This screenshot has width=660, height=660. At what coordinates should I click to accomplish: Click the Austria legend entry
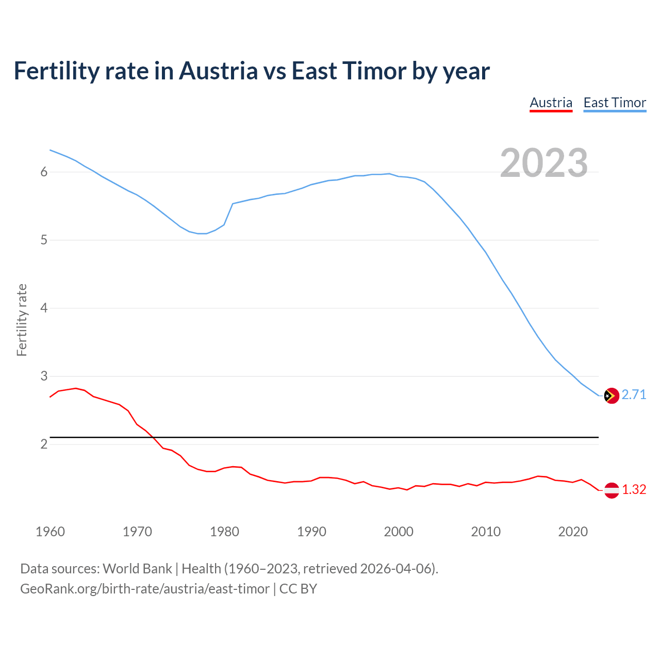pyautogui.click(x=551, y=103)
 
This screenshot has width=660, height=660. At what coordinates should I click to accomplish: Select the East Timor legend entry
pyautogui.click(x=615, y=103)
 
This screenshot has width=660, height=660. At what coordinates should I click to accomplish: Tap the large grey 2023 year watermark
pyautogui.click(x=543, y=163)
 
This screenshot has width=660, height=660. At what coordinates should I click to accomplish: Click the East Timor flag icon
pyautogui.click(x=611, y=395)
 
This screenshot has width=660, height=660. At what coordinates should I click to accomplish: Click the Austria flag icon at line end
pyautogui.click(x=611, y=490)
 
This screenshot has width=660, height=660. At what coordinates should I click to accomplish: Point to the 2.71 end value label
pyautogui.click(x=634, y=394)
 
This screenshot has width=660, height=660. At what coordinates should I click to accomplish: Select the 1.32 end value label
pyautogui.click(x=634, y=489)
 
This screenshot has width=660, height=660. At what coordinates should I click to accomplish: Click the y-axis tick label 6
pyautogui.click(x=44, y=172)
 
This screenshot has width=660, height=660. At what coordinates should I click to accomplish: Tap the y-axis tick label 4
pyautogui.click(x=44, y=308)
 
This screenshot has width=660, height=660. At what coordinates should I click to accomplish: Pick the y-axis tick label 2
pyautogui.click(x=44, y=444)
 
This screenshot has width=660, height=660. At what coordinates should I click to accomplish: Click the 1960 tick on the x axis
pyautogui.click(x=50, y=532)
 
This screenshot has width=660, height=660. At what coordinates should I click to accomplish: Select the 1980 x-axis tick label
pyautogui.click(x=224, y=532)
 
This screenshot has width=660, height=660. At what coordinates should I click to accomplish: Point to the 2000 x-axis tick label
pyautogui.click(x=399, y=532)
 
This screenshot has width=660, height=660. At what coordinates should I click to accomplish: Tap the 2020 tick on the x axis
pyautogui.click(x=573, y=532)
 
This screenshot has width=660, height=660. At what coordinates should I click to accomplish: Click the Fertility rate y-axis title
pyautogui.click(x=22, y=320)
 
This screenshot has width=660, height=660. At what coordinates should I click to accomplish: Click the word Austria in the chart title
pyautogui.click(x=218, y=71)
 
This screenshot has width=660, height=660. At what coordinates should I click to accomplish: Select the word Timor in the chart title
pyautogui.click(x=373, y=71)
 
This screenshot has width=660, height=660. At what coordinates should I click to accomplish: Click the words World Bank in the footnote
pyautogui.click(x=137, y=569)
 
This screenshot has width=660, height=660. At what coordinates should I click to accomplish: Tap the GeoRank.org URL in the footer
pyautogui.click(x=144, y=589)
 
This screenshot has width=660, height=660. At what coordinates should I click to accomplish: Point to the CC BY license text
pyautogui.click(x=298, y=589)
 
